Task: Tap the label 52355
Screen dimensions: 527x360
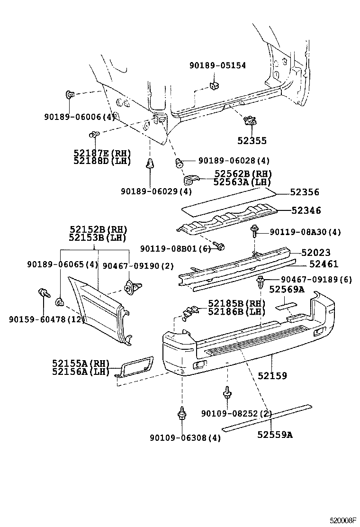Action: pyautogui.click(x=252, y=140)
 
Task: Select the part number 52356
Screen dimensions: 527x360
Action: pyautogui.click(x=305, y=192)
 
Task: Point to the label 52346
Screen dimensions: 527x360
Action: pyautogui.click(x=306, y=210)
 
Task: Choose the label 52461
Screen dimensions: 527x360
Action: pyautogui.click(x=324, y=264)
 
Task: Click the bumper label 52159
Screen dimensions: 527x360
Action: pyautogui.click(x=272, y=376)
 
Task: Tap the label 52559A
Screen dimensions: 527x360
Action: pyautogui.click(x=275, y=434)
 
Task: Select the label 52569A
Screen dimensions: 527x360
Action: pyautogui.click(x=287, y=290)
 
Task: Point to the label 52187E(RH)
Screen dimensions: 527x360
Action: pyautogui.click(x=102, y=153)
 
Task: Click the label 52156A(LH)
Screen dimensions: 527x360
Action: pyautogui.click(x=81, y=372)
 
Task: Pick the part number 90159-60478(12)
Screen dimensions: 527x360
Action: pyautogui.click(x=46, y=320)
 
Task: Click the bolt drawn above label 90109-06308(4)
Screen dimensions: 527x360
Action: pyautogui.click(x=181, y=414)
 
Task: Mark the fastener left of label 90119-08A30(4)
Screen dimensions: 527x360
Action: pyautogui.click(x=254, y=232)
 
